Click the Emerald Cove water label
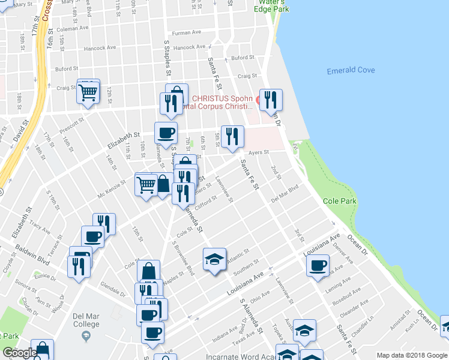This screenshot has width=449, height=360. tap(351, 71)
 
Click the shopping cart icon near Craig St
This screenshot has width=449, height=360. tap(88, 92)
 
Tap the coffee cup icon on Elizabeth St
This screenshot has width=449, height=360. tap(166, 133)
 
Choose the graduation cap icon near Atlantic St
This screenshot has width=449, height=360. tap(214, 259)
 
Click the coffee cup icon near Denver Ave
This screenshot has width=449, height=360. tap(318, 265)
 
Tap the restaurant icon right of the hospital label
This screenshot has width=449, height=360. tap(270, 100)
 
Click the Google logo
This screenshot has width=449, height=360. tap(19, 353)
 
